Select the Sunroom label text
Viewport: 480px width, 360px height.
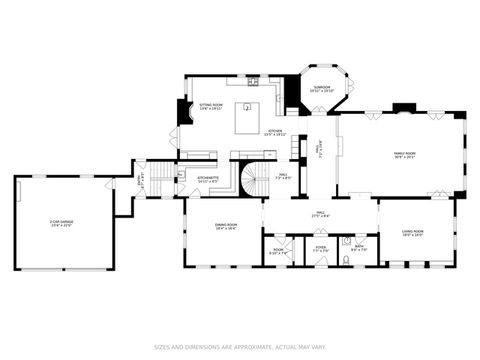pyautogui.click(x=321, y=89)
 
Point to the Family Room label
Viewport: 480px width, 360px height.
pyautogui.click(x=404, y=153)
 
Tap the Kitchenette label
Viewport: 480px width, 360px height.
pyautogui.click(x=208, y=180)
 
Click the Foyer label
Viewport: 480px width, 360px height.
pyautogui.click(x=320, y=247)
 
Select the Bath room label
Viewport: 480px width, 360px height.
pyautogui.click(x=359, y=247)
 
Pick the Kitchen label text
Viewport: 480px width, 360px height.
pyautogui.click(x=274, y=131)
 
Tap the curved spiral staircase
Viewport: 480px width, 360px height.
pyautogui.click(x=246, y=180)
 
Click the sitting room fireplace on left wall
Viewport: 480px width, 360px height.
pyautogui.click(x=180, y=112)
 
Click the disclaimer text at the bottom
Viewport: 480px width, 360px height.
pyautogui.click(x=240, y=347)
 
